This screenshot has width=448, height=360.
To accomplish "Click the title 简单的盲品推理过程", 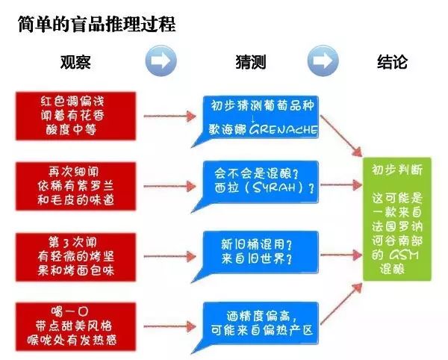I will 97,25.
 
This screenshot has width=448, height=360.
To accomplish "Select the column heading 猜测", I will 250,62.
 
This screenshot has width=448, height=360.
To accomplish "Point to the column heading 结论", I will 392,62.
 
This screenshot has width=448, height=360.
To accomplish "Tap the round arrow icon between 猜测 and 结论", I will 322,60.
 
